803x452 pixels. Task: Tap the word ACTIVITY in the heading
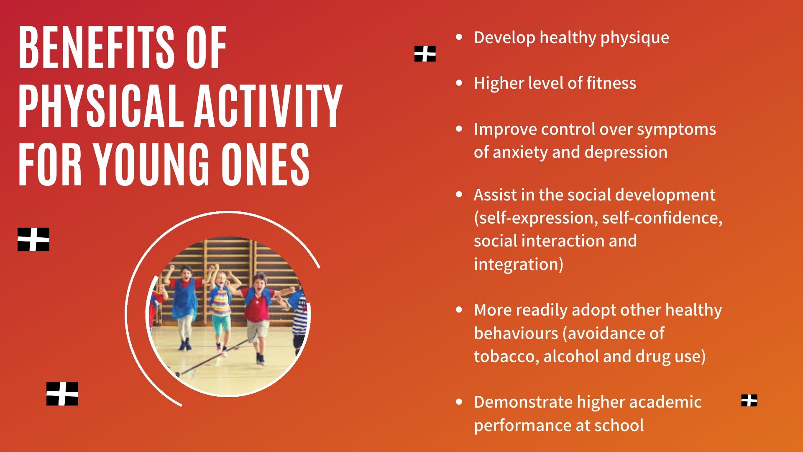(269, 106)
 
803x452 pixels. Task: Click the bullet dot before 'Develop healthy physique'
(459, 37)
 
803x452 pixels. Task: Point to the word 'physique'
(635, 38)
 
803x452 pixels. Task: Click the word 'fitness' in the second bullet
(611, 83)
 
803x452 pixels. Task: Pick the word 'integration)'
(519, 265)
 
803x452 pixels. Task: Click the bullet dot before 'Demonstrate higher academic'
(459, 402)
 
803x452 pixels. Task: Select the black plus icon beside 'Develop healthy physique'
(425, 54)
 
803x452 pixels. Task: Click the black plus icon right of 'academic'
(749, 401)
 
